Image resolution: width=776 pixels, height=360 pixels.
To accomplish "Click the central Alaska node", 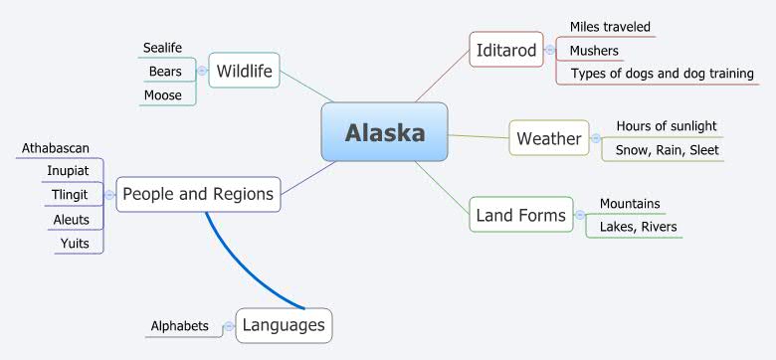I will pyautogui.click(x=384, y=132).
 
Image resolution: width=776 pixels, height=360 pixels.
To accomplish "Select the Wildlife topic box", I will pyautogui.click(x=244, y=71).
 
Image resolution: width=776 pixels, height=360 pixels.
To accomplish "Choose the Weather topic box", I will pyautogui.click(x=548, y=138).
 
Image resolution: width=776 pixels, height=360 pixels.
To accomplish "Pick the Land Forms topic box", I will pyautogui.click(x=520, y=215).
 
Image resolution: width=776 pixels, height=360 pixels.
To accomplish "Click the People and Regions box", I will pyautogui.click(x=198, y=194).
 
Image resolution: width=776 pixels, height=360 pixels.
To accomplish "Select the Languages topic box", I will pyautogui.click(x=284, y=325).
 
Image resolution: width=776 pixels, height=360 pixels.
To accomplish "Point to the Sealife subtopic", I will pyautogui.click(x=162, y=48).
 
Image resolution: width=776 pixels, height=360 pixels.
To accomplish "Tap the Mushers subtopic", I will pyautogui.click(x=594, y=50).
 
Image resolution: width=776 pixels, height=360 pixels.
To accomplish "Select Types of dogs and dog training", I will pyautogui.click(x=662, y=74).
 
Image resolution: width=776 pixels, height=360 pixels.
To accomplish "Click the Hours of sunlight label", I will pyautogui.click(x=666, y=126).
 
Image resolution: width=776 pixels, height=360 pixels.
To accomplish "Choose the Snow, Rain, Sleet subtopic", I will pyautogui.click(x=666, y=150).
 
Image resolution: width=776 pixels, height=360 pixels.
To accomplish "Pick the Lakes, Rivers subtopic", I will pyautogui.click(x=638, y=227).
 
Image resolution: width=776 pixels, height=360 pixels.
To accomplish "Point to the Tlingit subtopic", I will pyautogui.click(x=71, y=194).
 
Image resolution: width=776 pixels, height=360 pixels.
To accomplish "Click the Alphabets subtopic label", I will pyautogui.click(x=179, y=325).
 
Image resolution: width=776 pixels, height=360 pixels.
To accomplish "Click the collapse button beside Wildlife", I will pyautogui.click(x=202, y=71).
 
